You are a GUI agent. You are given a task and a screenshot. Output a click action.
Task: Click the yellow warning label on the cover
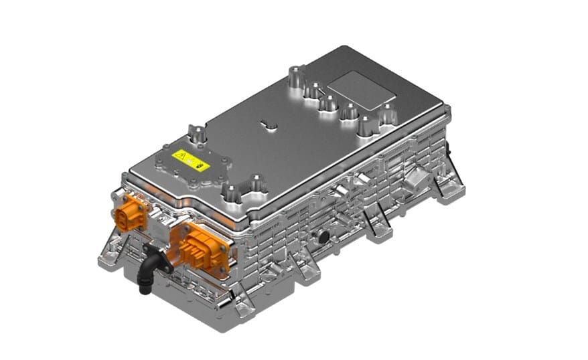[191, 160]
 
